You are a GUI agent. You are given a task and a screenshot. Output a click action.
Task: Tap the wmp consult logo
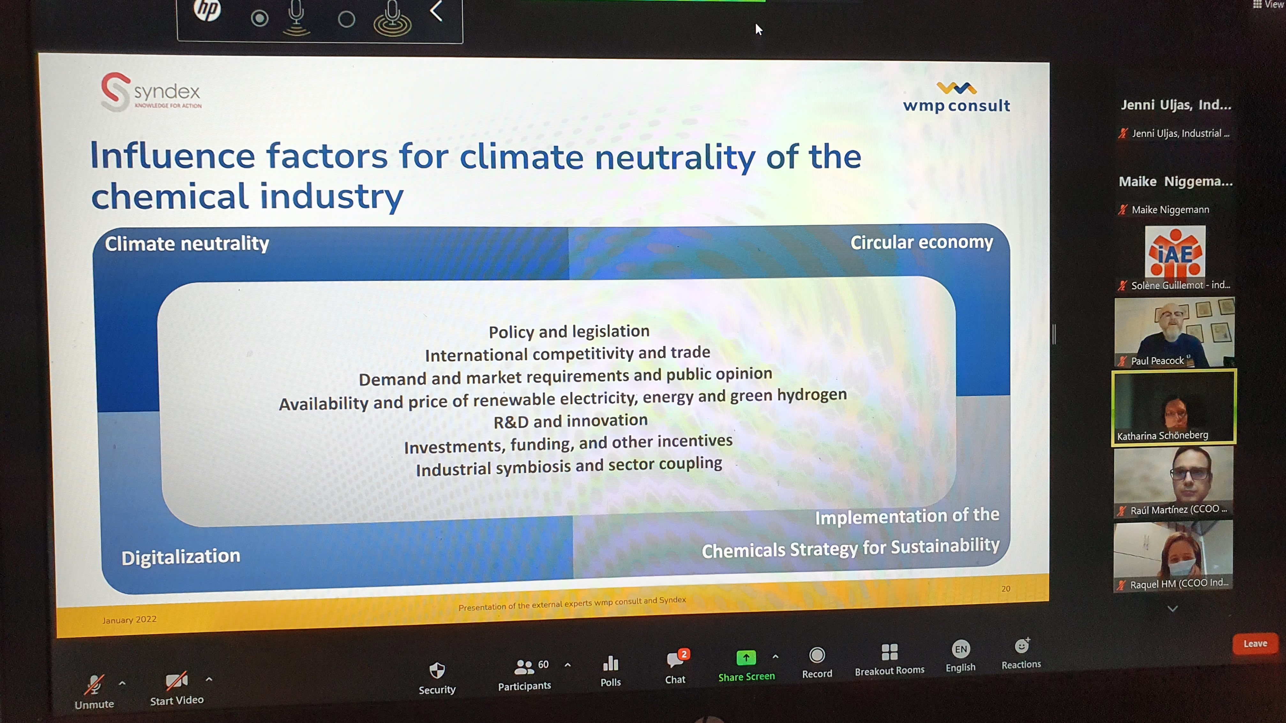(956, 97)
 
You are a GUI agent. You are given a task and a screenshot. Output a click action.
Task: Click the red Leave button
(1254, 644)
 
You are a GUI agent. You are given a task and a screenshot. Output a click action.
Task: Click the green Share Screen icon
(746, 658)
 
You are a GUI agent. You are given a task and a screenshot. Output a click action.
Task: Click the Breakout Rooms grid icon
(889, 652)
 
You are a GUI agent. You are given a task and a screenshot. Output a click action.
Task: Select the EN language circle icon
(960, 649)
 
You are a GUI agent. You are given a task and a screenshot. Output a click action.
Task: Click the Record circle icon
(817, 655)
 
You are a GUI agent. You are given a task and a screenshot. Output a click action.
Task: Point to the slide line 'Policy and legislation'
(569, 331)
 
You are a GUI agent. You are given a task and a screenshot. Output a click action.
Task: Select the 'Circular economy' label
(921, 242)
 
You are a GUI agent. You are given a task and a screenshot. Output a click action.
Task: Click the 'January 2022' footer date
(129, 619)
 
